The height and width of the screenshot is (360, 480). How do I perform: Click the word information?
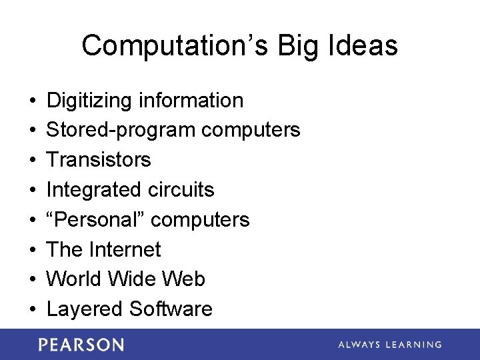(191, 101)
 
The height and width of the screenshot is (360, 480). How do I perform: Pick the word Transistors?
(99, 160)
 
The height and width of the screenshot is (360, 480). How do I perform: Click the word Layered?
(85, 309)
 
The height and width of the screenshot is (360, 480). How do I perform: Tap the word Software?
(171, 309)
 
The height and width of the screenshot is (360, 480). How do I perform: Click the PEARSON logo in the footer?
(81, 345)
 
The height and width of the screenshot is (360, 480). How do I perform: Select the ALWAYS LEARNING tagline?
(389, 345)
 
